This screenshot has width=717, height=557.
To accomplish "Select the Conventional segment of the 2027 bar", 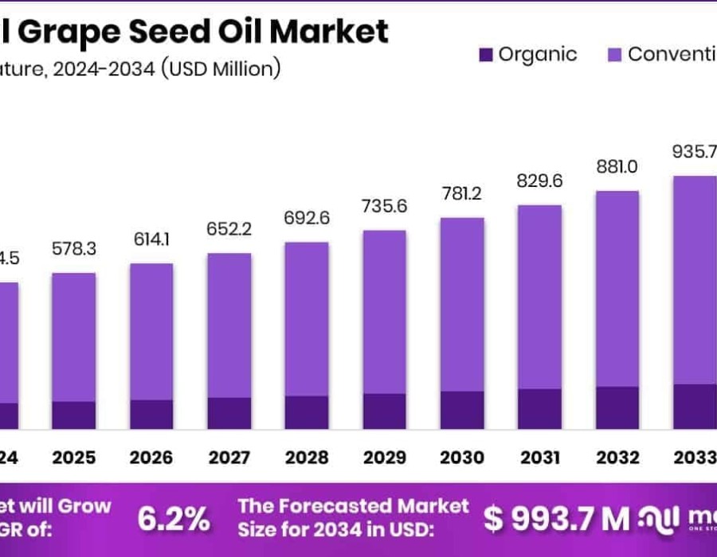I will tap(229, 325).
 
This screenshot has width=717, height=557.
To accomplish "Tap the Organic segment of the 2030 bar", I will tap(462, 410).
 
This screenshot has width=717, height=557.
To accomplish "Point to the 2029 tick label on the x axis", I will tap(384, 458).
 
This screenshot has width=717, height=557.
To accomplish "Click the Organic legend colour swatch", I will tap(485, 55).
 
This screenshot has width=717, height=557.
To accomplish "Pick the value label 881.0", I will tap(617, 167).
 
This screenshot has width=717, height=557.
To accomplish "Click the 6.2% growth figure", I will tap(174, 519).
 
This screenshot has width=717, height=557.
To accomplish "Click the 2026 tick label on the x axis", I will tap(151, 458).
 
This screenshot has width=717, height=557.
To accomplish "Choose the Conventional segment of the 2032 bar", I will tap(617, 288).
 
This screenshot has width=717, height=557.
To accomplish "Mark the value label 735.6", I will tap(384, 206).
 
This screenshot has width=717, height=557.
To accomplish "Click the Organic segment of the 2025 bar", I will tap(73, 415).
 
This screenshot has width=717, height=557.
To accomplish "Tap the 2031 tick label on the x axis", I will tap(539, 458).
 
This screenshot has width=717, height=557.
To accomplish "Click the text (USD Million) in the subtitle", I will tap(221, 68).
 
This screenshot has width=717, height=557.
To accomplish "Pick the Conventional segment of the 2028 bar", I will tap(307, 318).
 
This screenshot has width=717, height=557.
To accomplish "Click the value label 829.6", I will tap(539, 181).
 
